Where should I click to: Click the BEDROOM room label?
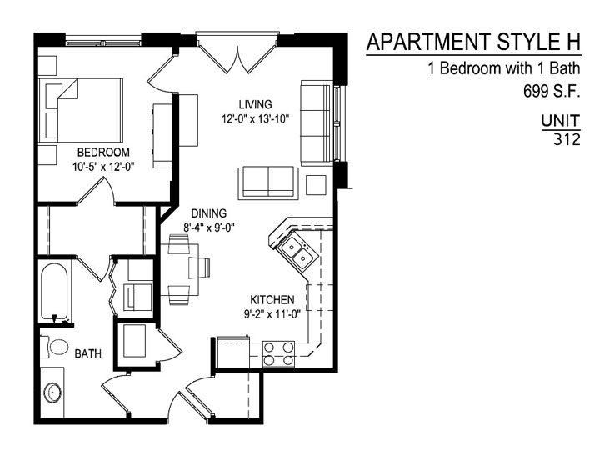[x=103, y=152]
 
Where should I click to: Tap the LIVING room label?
[x=255, y=104]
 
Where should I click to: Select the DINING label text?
[x=209, y=213]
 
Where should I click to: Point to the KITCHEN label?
[x=272, y=300]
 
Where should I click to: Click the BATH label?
[x=88, y=353]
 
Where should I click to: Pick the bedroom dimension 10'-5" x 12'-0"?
[x=103, y=167]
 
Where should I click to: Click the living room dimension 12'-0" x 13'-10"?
[x=255, y=118]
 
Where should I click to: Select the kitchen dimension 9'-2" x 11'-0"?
[x=272, y=314]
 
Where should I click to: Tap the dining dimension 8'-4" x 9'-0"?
[x=209, y=228]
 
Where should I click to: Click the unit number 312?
[x=567, y=139]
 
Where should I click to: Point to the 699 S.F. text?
[x=552, y=92]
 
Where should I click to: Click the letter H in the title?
[x=573, y=42]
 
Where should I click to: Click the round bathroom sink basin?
[x=52, y=393]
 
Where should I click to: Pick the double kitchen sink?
[x=297, y=253]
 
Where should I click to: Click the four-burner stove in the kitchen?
[x=278, y=353]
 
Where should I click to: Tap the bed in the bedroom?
[x=81, y=111]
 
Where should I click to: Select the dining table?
[x=179, y=269]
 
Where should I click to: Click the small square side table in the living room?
[x=316, y=185]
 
